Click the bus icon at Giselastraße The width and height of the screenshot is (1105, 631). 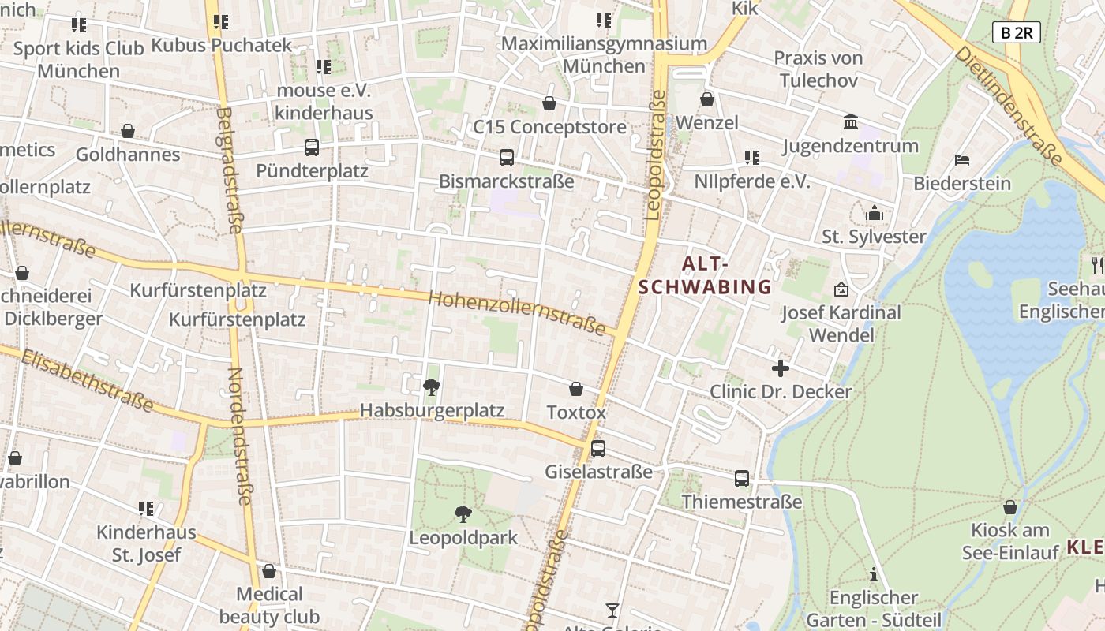[598, 449]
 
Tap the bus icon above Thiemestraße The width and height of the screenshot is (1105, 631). [742, 478]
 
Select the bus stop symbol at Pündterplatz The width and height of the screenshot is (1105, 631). [312, 147]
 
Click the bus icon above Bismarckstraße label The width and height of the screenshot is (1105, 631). [507, 158]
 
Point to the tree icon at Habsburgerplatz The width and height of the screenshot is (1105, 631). [432, 386]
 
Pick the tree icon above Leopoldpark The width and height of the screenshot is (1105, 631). [463, 514]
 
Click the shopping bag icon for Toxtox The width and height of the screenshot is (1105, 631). [576, 389]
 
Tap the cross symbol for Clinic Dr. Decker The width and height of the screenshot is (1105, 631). [781, 368]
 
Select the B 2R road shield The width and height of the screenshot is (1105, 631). [1016, 32]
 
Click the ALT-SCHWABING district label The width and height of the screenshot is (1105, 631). [704, 275]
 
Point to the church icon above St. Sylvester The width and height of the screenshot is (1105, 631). [874, 213]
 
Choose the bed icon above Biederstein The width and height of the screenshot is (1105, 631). [962, 160]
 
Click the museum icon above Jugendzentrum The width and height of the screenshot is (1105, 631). [851, 122]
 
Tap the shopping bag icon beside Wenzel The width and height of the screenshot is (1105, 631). [707, 99]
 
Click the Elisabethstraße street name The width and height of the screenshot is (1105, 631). [87, 380]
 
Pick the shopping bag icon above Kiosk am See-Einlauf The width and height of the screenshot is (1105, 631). [1009, 507]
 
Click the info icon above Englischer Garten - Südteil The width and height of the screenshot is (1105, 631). [873, 574]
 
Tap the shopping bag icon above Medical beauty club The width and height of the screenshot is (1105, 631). [269, 570]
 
